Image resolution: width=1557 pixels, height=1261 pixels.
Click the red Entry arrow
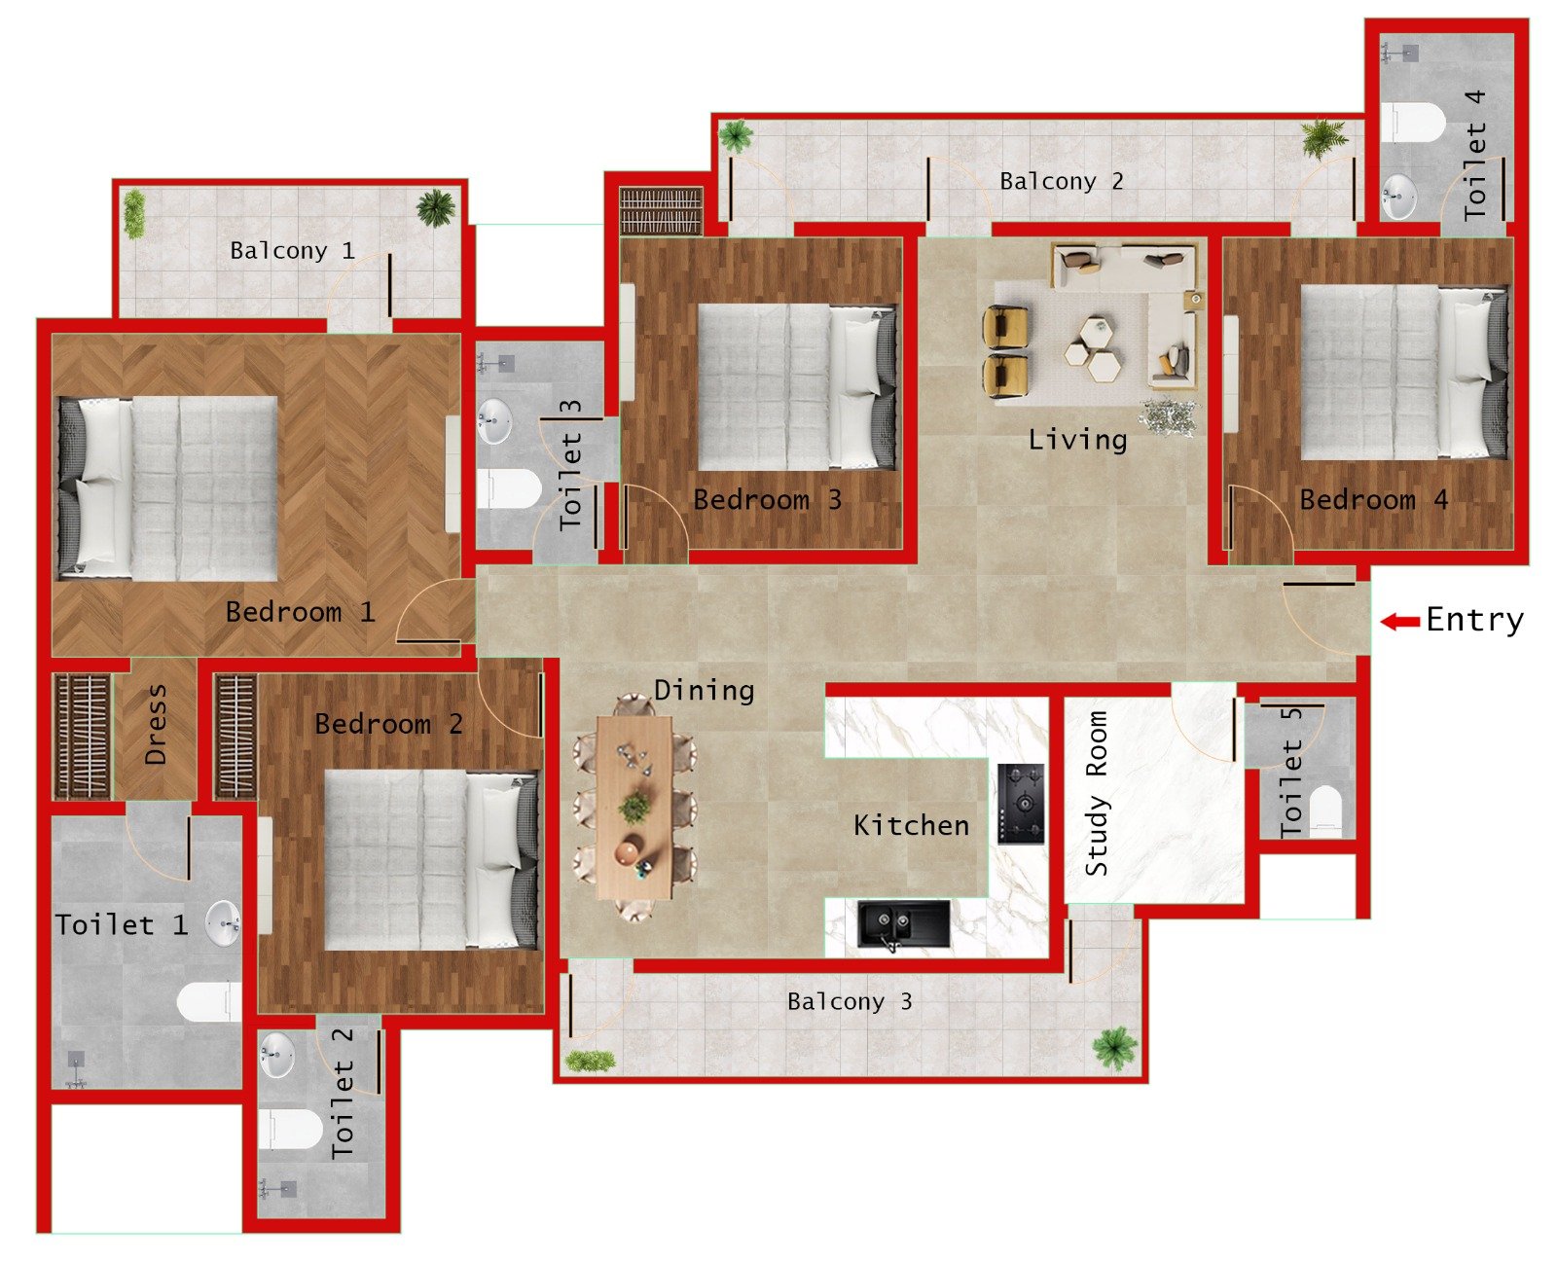1399,621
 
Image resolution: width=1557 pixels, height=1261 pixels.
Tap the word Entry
1474,620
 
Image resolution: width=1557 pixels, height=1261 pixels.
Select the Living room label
1077,440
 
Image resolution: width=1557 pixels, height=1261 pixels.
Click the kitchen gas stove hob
1020,804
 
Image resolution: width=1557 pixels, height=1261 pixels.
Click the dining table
634,807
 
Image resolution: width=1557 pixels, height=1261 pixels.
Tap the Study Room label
1097,793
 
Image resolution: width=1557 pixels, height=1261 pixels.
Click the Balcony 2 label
1061,182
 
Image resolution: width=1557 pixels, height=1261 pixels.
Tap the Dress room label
156,724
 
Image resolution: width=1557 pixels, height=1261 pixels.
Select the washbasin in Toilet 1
223,922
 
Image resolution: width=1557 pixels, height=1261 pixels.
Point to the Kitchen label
911,826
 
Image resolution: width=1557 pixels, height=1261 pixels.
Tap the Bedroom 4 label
1373,500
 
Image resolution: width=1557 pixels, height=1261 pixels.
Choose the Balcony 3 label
850,1001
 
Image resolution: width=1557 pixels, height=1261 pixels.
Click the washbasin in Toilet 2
277,1055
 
